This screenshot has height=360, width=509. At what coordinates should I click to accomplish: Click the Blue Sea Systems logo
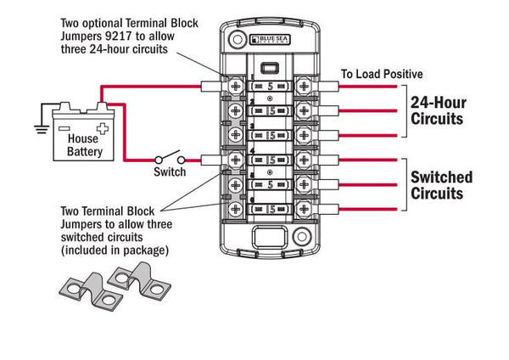coord(272,40)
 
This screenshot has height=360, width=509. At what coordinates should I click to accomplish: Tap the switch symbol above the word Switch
coord(170,159)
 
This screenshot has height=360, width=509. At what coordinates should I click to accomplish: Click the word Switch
coord(170,172)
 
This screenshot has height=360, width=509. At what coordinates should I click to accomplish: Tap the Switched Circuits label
coord(441,185)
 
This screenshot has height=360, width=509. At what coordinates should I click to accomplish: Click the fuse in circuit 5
coord(269,183)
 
